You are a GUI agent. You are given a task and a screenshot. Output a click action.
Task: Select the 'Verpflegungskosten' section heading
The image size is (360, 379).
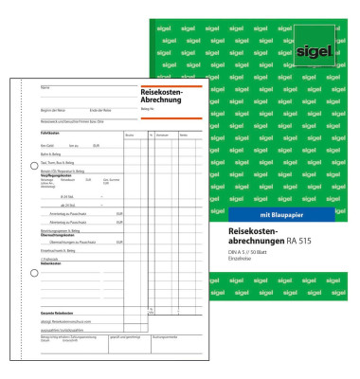[58, 175]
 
